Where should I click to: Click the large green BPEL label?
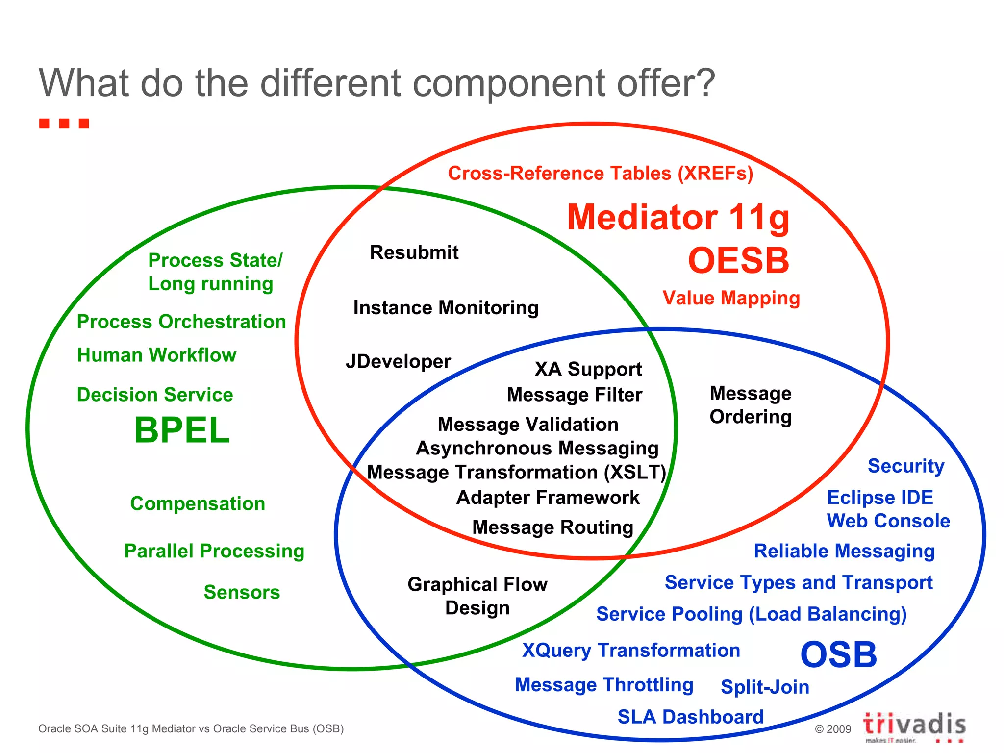pos(182,430)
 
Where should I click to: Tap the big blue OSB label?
pos(838,654)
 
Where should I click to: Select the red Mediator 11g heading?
pos(678,217)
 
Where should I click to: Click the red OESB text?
pos(738,260)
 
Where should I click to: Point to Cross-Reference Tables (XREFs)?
pos(600,174)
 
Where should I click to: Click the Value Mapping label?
pos(731,298)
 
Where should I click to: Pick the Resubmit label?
pos(414,252)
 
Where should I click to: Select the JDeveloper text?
pos(398,362)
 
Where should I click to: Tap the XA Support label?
pos(588,369)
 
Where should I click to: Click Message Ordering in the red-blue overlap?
pos(750,405)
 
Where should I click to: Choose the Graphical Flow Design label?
pos(477,596)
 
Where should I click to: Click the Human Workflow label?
pos(157,355)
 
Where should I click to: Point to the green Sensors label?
pos(242,592)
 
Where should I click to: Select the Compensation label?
pos(198,503)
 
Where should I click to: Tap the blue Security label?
pos(905,466)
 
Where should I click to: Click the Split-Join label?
pos(765,687)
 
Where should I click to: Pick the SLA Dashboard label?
pos(690,717)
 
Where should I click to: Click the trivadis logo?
pos(914,726)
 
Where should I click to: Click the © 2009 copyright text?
pos(832,729)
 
